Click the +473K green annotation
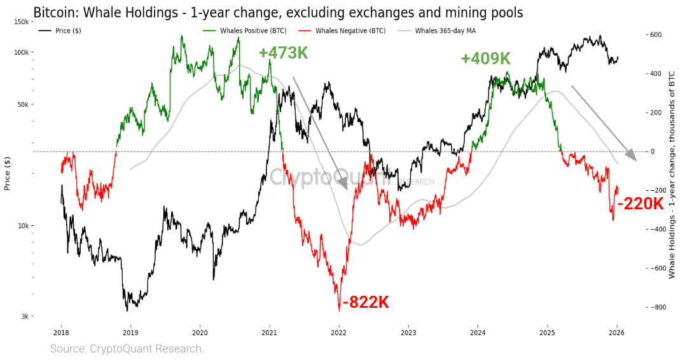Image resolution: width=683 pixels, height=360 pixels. (x=283, y=53)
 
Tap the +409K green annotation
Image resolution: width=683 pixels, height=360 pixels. (x=486, y=59)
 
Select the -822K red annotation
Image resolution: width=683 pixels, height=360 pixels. (x=365, y=303)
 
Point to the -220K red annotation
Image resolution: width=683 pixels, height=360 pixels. (x=640, y=204)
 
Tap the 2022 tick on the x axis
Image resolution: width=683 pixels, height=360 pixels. (x=339, y=332)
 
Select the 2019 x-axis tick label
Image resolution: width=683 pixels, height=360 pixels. (x=130, y=332)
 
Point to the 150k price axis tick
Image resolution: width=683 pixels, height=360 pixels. (x=21, y=22)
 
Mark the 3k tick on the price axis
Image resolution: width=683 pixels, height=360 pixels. (x=24, y=316)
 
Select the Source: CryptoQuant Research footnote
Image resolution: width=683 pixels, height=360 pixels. (x=127, y=349)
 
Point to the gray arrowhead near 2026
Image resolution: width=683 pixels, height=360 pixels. (x=631, y=155)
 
